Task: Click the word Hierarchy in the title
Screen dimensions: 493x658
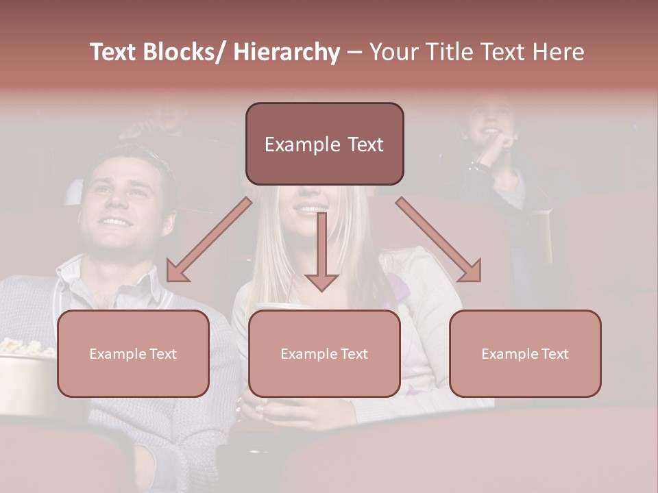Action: click(287, 52)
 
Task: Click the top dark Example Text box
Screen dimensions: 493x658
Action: click(324, 144)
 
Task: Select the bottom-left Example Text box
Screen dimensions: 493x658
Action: click(133, 353)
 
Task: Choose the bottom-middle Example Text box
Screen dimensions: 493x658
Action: click(324, 353)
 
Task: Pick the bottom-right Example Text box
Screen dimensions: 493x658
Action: click(525, 353)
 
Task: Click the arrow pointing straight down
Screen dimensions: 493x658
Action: click(321, 253)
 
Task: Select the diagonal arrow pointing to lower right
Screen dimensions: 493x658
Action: click(439, 240)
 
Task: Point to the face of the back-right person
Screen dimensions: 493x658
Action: click(488, 120)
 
